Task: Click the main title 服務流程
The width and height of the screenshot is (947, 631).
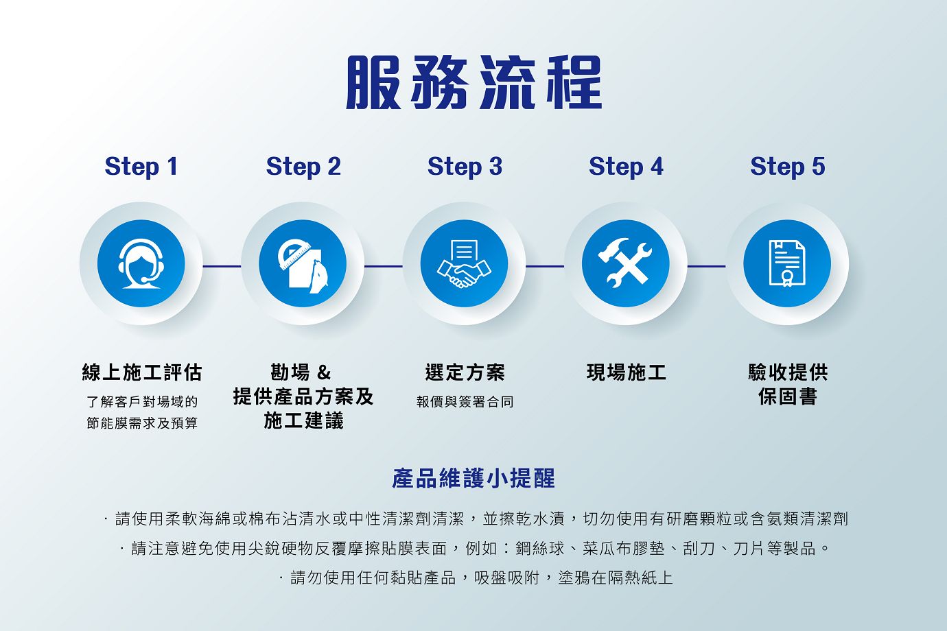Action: click(474, 82)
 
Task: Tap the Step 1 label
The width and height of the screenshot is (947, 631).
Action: click(141, 167)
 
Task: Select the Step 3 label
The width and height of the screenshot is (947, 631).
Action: click(465, 167)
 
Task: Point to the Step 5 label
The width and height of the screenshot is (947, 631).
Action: click(788, 167)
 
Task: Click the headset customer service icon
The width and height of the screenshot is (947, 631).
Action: click(141, 264)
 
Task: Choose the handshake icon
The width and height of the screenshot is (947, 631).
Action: click(464, 264)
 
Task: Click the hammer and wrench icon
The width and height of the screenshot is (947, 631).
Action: click(626, 263)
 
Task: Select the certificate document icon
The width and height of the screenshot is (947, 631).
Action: click(787, 263)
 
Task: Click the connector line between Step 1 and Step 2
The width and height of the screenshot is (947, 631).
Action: click(222, 266)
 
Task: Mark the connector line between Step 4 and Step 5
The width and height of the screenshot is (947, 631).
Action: click(706, 266)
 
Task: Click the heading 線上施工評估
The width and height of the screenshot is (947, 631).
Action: click(142, 372)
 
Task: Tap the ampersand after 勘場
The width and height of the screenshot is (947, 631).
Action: click(323, 372)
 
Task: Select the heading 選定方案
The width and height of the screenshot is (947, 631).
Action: click(465, 372)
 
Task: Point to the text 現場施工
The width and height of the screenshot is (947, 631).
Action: click(626, 372)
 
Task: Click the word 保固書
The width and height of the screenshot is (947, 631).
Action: click(788, 396)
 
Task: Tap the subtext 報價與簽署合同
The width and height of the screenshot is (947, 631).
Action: click(465, 401)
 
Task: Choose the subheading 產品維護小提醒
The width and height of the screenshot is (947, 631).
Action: click(473, 479)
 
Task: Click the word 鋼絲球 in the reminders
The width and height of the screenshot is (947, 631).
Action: click(540, 548)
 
